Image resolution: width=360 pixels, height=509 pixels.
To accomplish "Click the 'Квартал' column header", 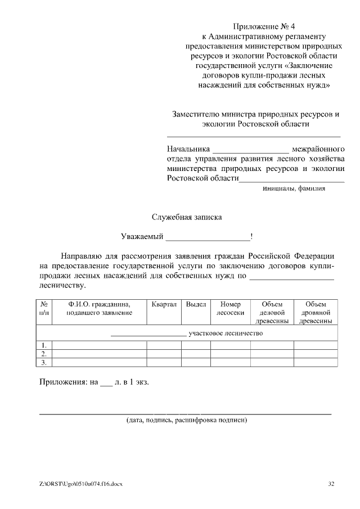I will click(x=164, y=304).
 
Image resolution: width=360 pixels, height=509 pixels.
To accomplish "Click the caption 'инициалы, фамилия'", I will click(x=294, y=189).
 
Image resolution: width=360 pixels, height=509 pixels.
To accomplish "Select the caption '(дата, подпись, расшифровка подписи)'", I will click(x=186, y=420).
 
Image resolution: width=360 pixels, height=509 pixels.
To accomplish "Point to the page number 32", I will click(x=331, y=484).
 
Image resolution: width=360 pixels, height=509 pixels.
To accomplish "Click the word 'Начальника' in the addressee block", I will click(x=188, y=150).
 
